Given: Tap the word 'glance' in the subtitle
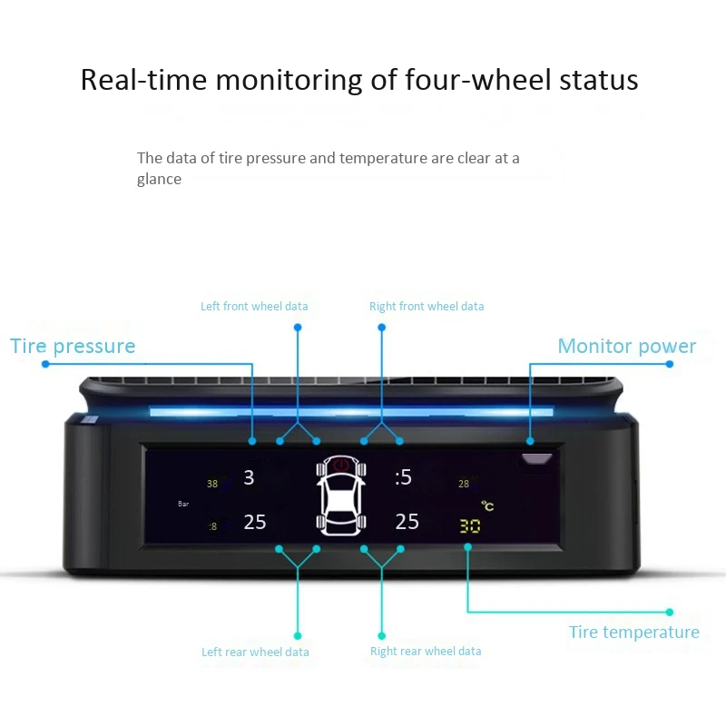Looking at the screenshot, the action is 159,179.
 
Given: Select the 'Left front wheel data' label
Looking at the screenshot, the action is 254,307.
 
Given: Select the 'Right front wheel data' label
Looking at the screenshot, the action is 427,307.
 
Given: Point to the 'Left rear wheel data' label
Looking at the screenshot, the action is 255,652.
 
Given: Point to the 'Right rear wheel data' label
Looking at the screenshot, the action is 426,652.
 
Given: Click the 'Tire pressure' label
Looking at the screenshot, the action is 73,346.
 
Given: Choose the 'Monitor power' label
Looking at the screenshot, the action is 626,346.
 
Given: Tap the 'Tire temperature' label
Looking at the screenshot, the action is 633,633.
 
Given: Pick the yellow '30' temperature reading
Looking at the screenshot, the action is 469,525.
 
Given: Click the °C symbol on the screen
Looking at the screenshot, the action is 487,506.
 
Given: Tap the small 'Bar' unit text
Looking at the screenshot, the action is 182,503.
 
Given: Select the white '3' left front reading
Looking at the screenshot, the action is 250,477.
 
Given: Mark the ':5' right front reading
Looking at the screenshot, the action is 403,477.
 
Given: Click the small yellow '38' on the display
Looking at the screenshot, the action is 212,484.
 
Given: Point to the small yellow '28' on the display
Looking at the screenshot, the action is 464,484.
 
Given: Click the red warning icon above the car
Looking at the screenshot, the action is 341,465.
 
